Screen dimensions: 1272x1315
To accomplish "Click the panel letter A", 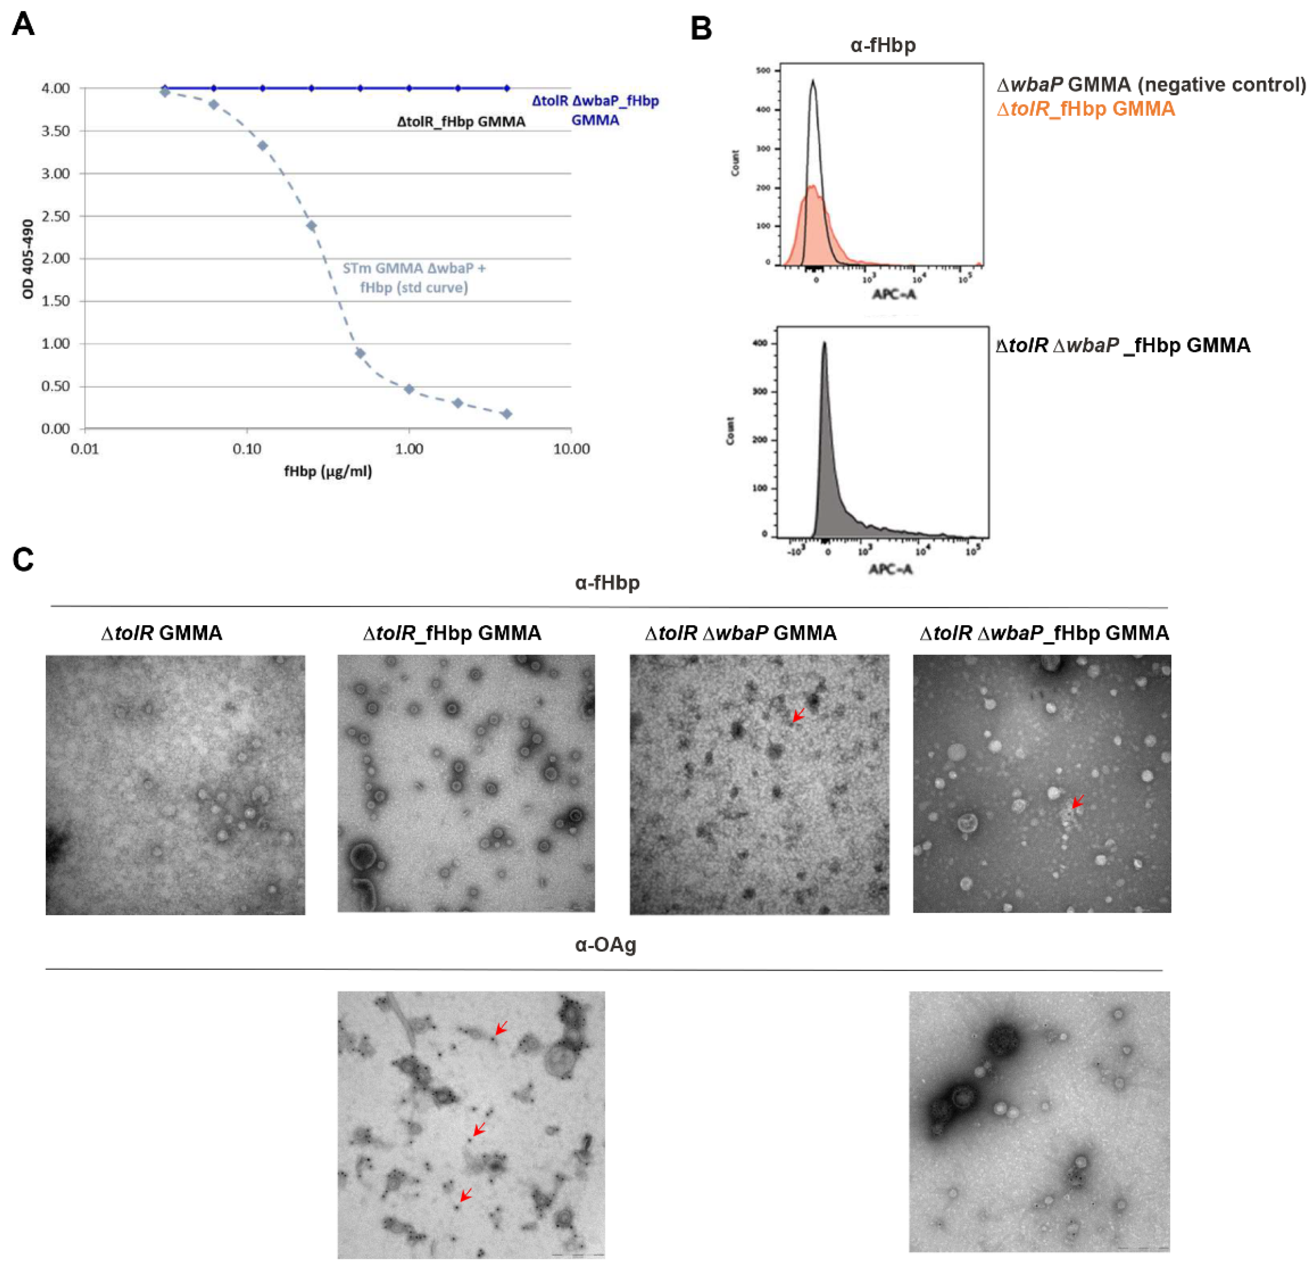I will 23,25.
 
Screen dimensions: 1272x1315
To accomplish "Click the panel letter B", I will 701,29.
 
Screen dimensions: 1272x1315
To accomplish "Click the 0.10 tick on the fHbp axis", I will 247,448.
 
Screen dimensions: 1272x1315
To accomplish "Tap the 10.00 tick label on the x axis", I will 571,448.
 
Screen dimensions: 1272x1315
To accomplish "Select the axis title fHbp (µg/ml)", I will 328,471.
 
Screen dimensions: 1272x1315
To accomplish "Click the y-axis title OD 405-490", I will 28,259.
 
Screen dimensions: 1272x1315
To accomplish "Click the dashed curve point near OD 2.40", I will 311,226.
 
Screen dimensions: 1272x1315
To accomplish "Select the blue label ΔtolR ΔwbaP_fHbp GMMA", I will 595,110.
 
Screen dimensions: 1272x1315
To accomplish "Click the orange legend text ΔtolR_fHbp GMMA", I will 1086,109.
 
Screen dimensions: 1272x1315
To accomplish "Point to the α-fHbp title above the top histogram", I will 883,45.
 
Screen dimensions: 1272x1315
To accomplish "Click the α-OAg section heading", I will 605,945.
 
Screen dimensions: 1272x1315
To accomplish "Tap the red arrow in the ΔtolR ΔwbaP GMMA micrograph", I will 798,716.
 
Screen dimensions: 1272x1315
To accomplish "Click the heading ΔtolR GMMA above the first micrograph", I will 162,633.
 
